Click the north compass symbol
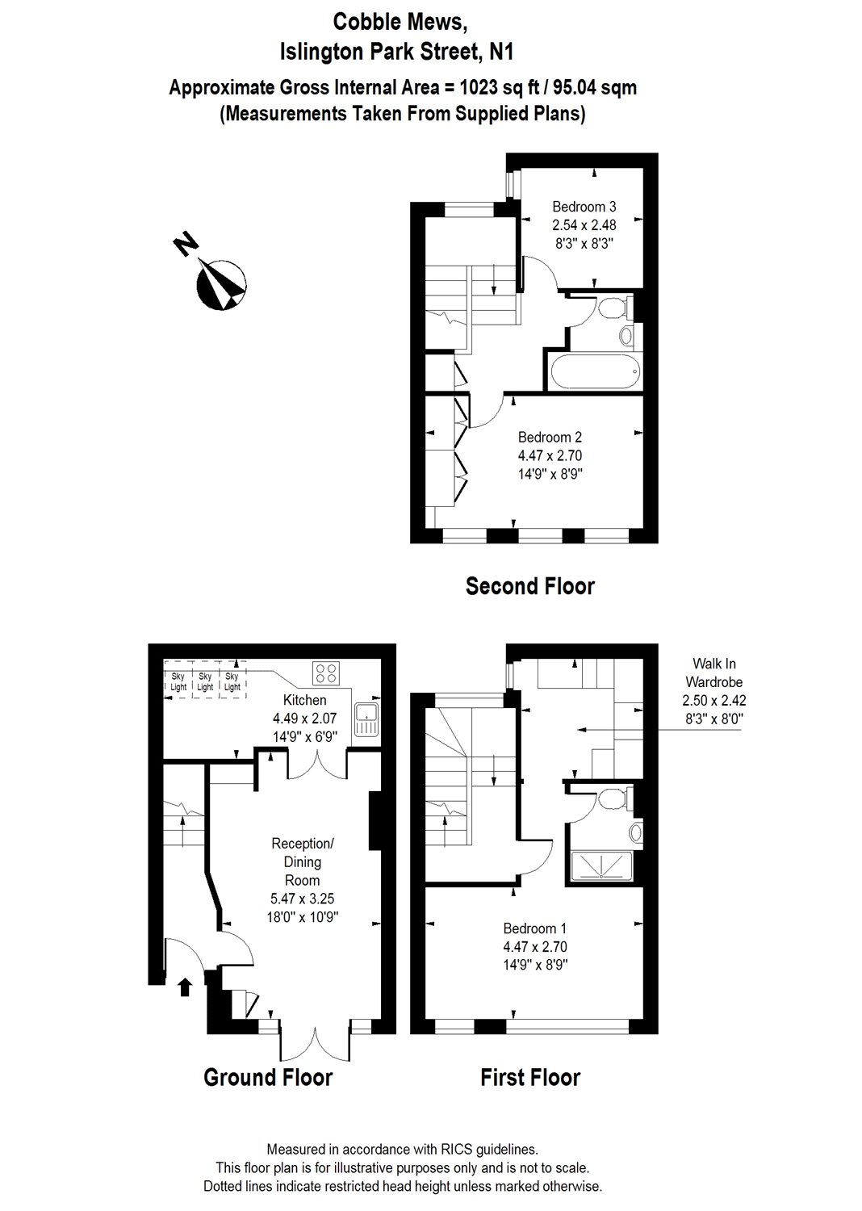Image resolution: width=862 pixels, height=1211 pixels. pyautogui.click(x=220, y=285)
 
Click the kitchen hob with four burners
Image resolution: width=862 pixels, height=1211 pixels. pyautogui.click(x=326, y=673)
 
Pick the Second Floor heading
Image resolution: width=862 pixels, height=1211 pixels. pyautogui.click(x=530, y=586)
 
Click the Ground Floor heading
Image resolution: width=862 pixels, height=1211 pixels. pyautogui.click(x=268, y=1077)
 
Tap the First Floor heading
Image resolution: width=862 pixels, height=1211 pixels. pyautogui.click(x=530, y=1077)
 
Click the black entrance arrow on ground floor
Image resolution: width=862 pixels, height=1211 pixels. pyautogui.click(x=185, y=986)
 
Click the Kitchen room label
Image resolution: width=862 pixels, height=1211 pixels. pyautogui.click(x=305, y=700)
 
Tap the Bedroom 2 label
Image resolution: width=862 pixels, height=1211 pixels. pyautogui.click(x=550, y=438)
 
